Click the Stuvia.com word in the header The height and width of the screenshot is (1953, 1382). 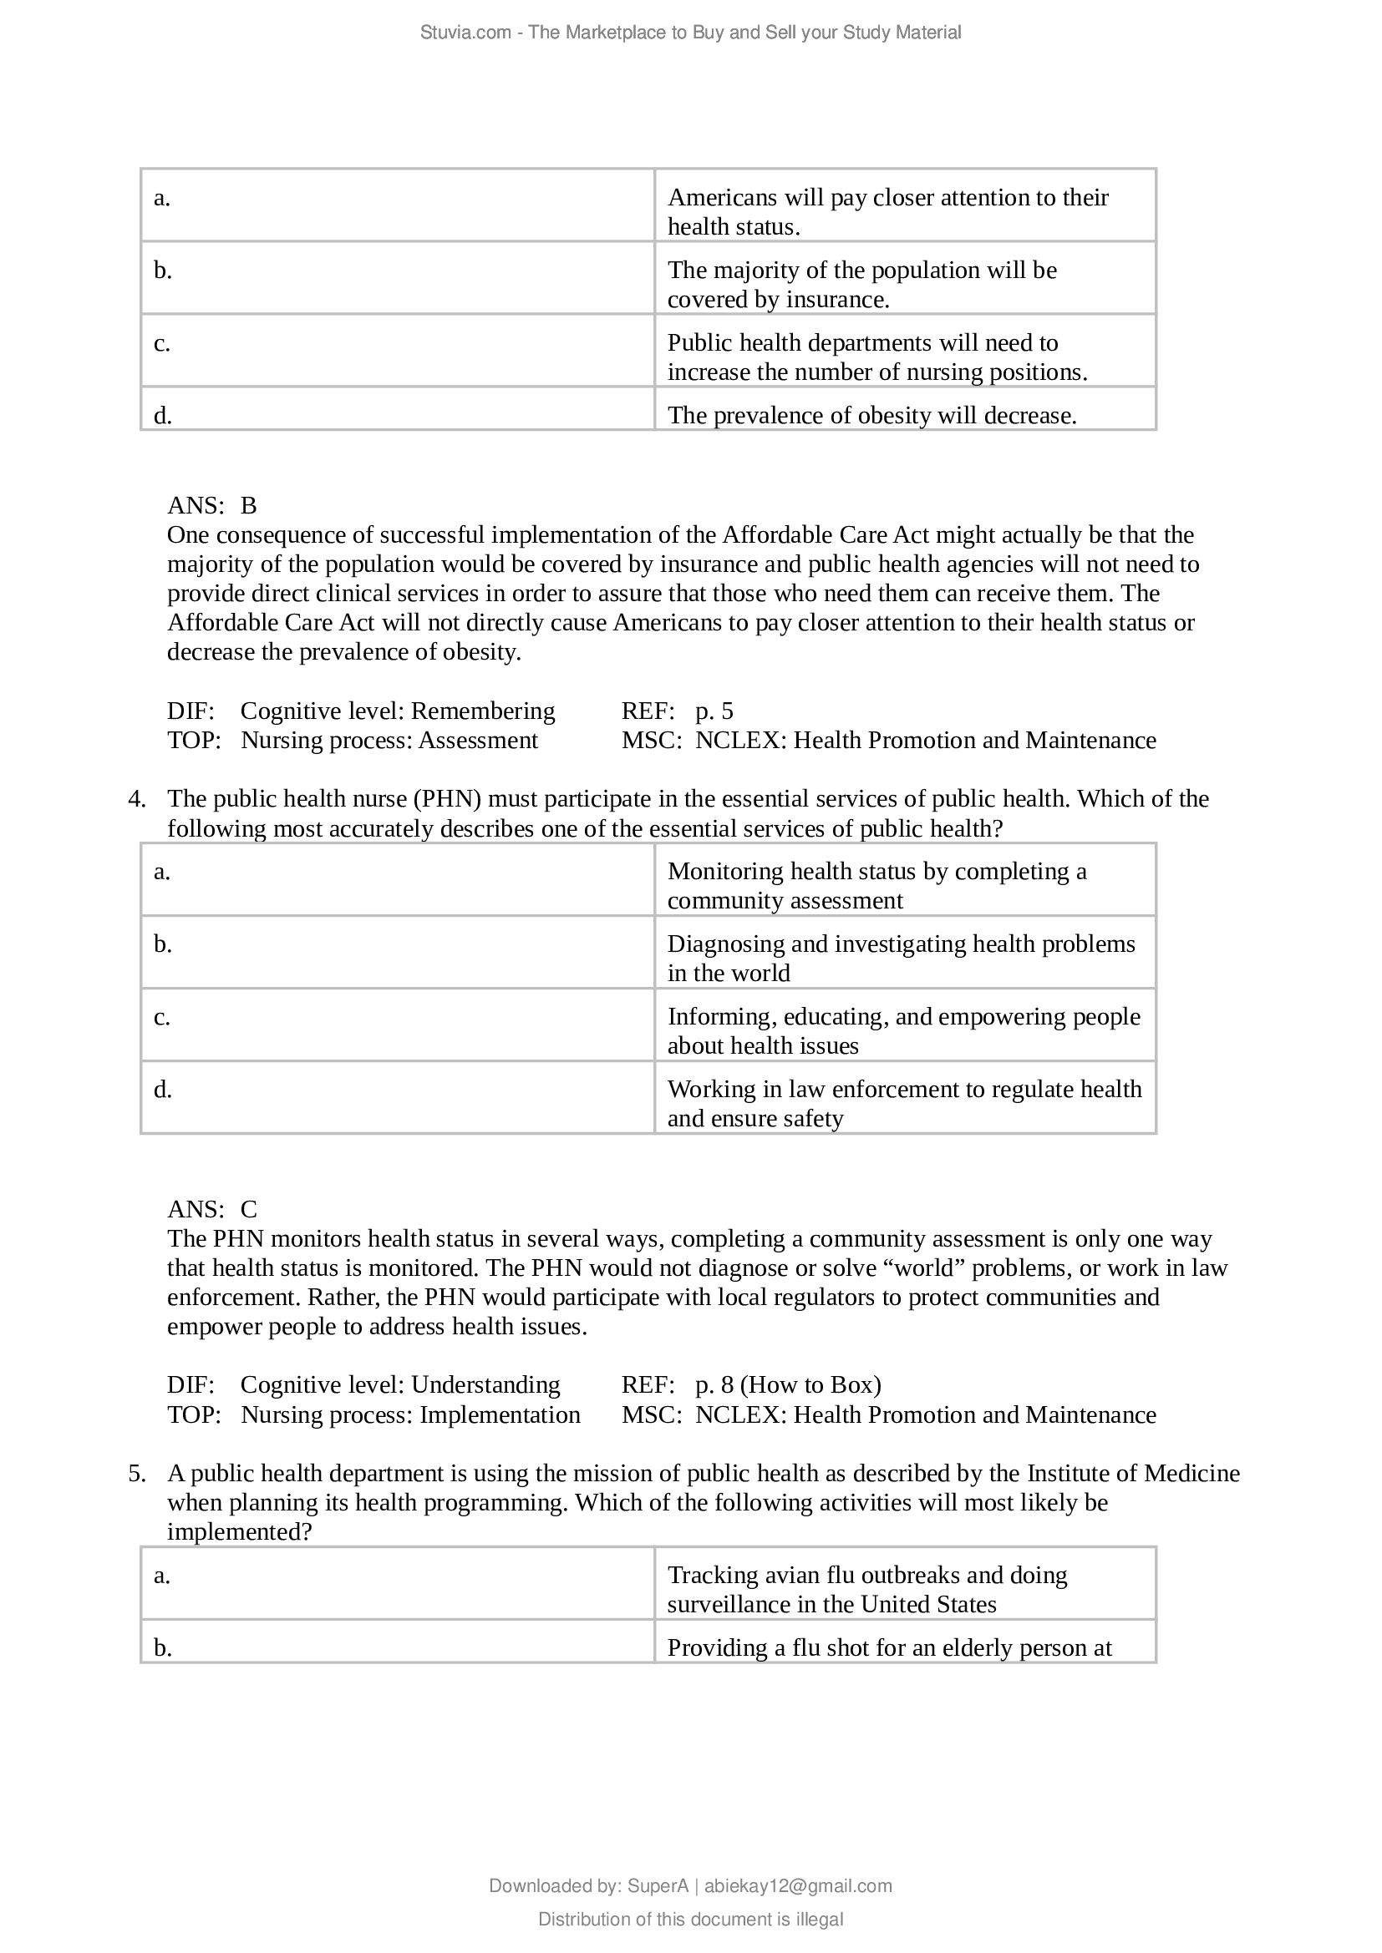point(465,33)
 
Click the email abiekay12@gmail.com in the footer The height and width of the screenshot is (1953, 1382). point(797,1886)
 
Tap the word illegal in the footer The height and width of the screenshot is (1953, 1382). point(821,1919)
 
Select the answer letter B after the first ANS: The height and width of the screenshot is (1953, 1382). point(248,506)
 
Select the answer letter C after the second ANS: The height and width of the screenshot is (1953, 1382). point(248,1210)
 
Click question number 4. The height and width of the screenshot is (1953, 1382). point(137,799)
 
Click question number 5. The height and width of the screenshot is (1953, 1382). point(137,1473)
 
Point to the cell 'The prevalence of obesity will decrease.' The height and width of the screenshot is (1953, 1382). point(871,415)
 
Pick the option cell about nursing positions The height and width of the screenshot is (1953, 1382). point(876,358)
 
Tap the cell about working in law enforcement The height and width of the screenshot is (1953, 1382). point(904,1103)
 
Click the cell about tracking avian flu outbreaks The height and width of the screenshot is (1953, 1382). point(866,1589)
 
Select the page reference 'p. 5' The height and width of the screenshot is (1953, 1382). point(714,711)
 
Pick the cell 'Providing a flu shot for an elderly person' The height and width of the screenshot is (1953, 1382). point(888,1647)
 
